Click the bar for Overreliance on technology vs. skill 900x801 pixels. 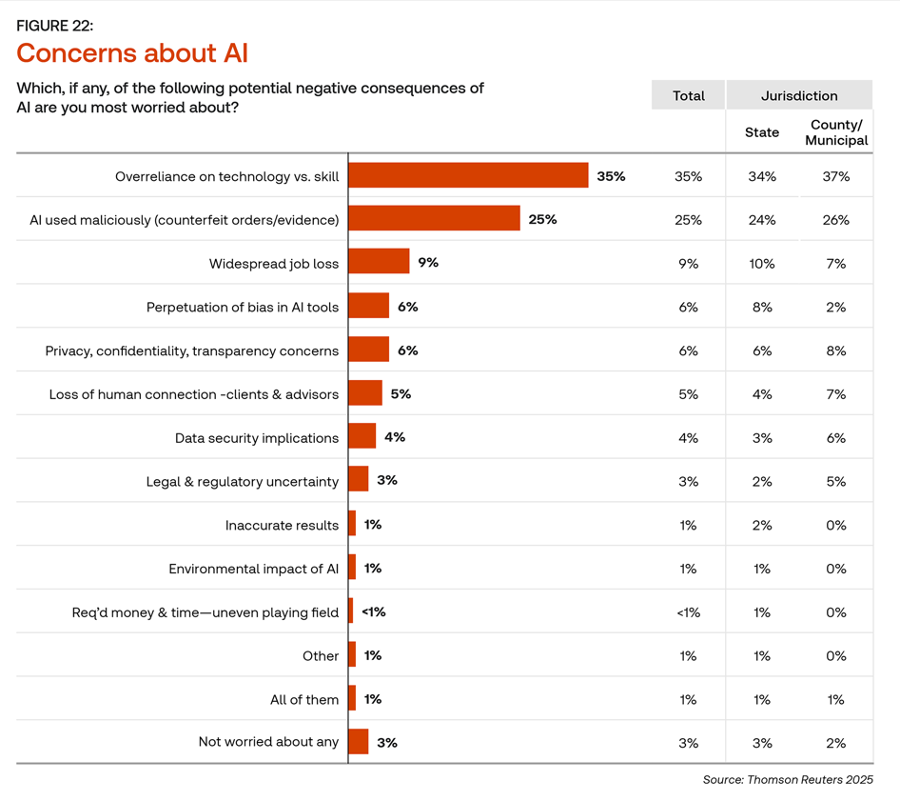(x=468, y=175)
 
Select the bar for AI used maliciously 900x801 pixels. (x=434, y=219)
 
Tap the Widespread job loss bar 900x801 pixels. (x=379, y=262)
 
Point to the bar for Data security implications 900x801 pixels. (x=362, y=436)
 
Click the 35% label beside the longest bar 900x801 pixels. (x=611, y=176)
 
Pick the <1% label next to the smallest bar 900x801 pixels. (x=373, y=611)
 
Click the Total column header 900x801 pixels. (x=688, y=95)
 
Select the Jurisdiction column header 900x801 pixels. (x=799, y=95)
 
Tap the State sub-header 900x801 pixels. (x=762, y=132)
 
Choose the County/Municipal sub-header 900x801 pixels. (x=836, y=132)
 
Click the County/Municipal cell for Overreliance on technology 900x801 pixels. (x=836, y=176)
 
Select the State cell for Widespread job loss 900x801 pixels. (x=762, y=263)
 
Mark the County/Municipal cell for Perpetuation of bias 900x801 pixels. (x=836, y=307)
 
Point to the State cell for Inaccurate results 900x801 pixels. (x=762, y=525)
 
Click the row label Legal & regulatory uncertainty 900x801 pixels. (x=242, y=481)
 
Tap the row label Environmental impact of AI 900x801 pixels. (x=253, y=569)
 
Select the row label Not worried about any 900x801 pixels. (x=268, y=742)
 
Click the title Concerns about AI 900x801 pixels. (x=132, y=51)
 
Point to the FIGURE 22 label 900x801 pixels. (x=55, y=26)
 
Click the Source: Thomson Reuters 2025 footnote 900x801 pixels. (x=787, y=780)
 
